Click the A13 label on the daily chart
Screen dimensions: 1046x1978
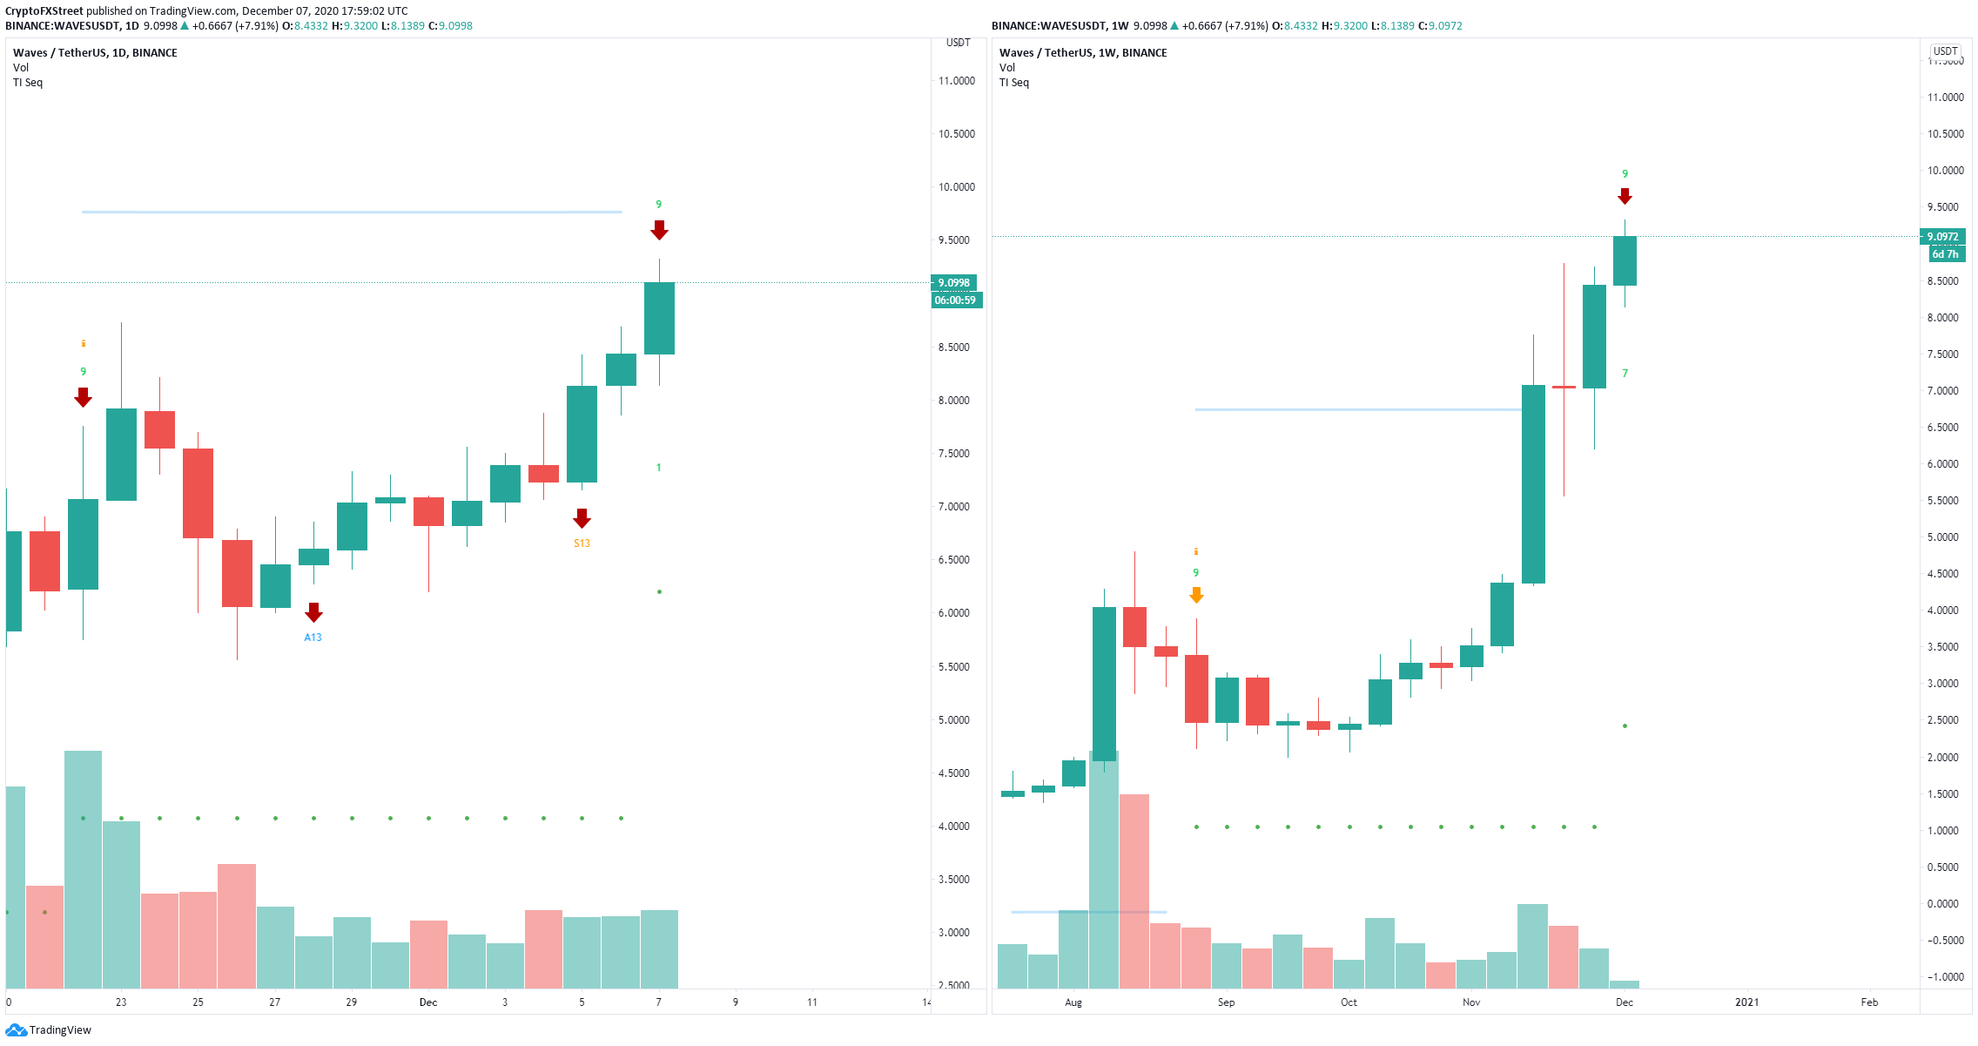[313, 638]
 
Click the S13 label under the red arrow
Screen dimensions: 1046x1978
[582, 543]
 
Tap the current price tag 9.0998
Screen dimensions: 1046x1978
[953, 283]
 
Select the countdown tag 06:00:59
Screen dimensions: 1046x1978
[955, 300]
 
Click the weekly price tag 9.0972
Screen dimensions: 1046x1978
[1942, 237]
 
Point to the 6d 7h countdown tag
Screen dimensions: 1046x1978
[1944, 254]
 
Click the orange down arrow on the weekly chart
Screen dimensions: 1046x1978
[1196, 595]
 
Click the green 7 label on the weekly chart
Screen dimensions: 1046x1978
[1625, 374]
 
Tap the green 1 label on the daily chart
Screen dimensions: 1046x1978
[658, 468]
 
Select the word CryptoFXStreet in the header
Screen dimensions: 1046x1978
[44, 11]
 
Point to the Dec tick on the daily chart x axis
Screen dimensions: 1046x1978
[428, 1002]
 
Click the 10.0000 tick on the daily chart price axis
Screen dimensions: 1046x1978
[956, 187]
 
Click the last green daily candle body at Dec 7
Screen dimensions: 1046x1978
[659, 318]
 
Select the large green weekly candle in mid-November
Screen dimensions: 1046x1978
[1533, 484]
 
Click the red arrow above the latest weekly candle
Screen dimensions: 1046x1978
[1625, 197]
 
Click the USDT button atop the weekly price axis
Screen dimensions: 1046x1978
[1945, 51]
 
